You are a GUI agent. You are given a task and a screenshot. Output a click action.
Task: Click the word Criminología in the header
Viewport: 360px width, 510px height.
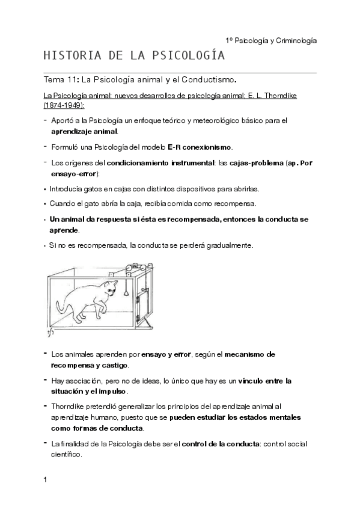[x=291, y=40]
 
